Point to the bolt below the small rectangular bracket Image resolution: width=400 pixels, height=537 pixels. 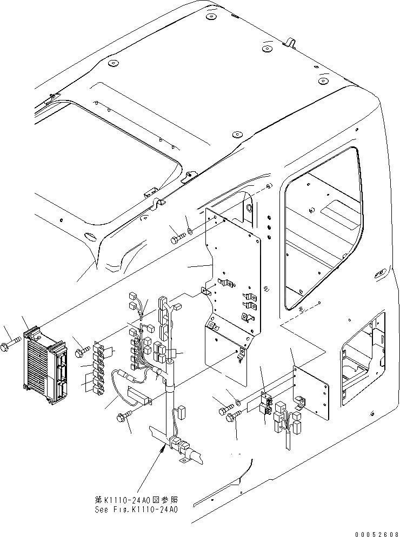[x=123, y=416]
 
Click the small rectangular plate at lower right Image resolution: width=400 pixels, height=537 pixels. [x=311, y=392]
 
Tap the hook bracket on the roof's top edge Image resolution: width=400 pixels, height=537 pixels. [x=290, y=42]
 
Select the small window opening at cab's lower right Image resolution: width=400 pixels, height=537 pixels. [x=361, y=359]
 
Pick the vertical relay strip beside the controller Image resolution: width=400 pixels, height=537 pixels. [x=99, y=367]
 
